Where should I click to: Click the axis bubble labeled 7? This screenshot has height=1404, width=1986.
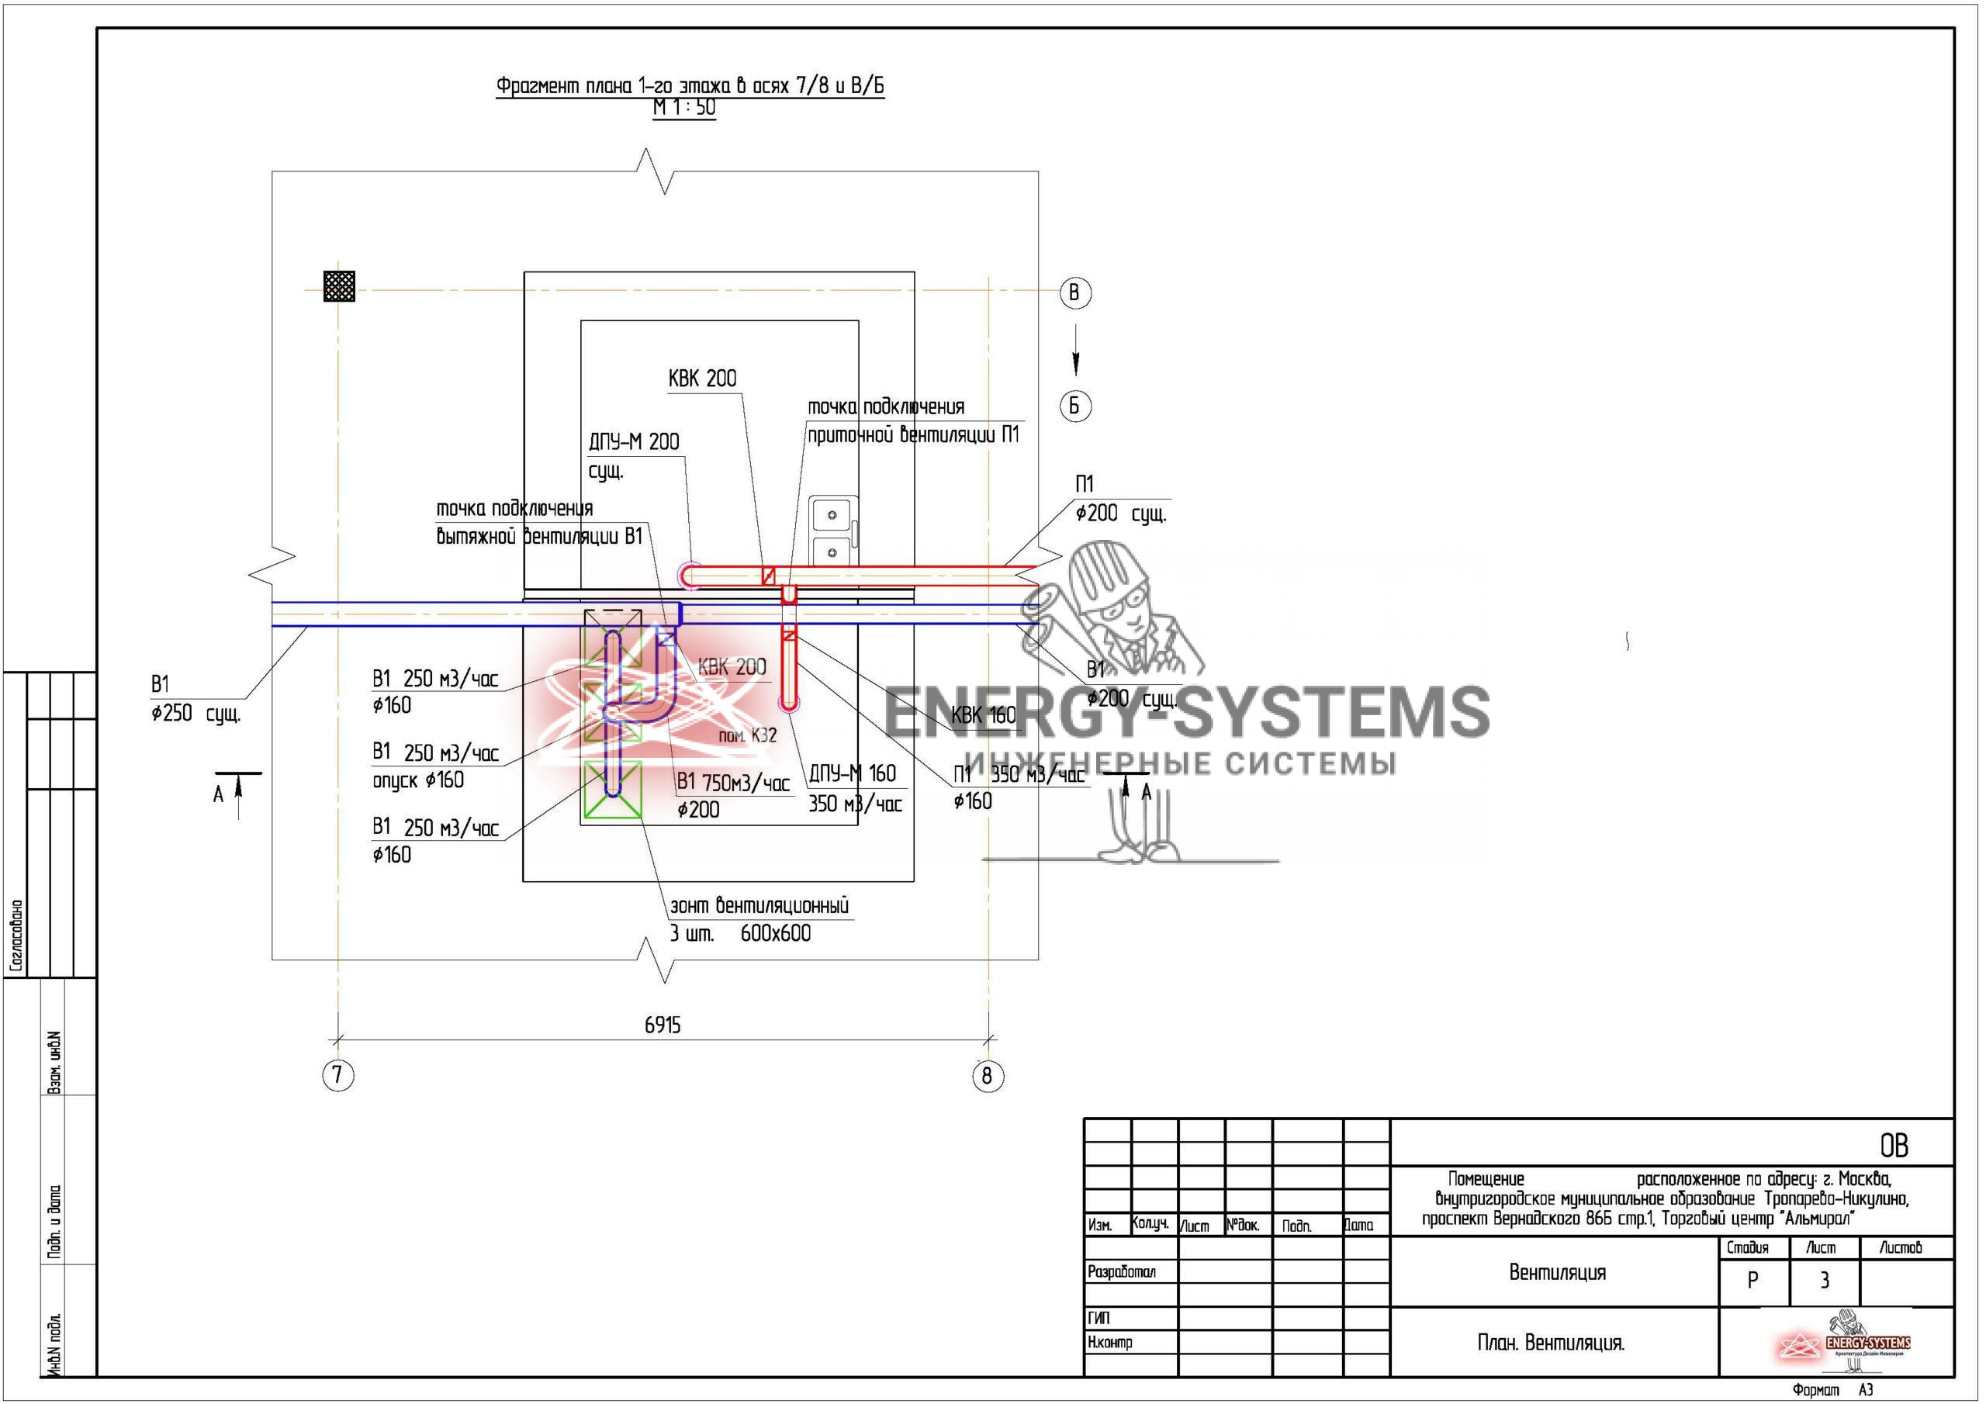point(337,1075)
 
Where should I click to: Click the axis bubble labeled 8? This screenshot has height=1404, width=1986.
point(987,1076)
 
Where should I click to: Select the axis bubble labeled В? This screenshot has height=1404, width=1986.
point(1074,292)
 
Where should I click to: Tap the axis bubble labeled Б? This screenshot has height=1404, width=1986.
point(1075,406)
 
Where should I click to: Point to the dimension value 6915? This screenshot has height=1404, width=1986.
point(663,1025)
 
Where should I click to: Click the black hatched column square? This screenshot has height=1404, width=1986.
point(339,285)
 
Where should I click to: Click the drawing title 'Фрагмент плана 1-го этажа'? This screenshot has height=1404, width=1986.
point(690,85)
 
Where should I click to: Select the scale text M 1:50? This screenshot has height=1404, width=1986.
point(684,108)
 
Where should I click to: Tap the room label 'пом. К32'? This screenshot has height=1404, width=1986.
point(747,735)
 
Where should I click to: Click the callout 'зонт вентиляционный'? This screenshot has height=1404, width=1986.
point(759,906)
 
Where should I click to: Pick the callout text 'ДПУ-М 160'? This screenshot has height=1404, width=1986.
point(852,773)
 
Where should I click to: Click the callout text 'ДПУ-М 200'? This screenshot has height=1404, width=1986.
point(634,442)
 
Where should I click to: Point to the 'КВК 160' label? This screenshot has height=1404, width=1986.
point(984,715)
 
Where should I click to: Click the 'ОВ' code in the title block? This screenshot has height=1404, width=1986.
point(1894,1146)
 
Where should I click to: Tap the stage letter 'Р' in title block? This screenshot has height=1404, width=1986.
point(1752,1281)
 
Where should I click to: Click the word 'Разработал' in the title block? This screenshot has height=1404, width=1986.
point(1121,1271)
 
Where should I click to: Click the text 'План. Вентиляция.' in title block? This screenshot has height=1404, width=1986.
point(1551,1343)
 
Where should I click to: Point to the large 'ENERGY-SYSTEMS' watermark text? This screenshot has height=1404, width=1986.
point(1186,712)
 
